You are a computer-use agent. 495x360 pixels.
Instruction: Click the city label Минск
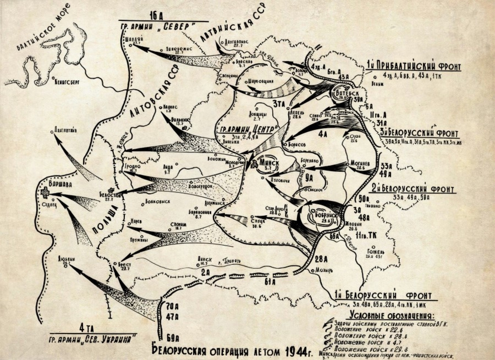pos(269,162)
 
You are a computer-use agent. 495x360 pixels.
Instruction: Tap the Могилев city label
pos(360,164)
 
